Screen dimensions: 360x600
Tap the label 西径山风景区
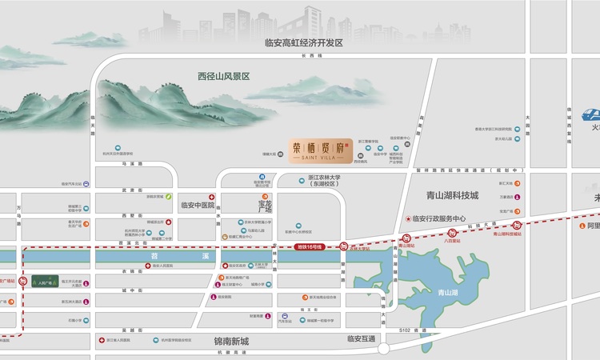pos(224,77)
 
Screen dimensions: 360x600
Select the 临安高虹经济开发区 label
pos(304,43)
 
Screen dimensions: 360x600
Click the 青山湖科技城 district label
pos(452,195)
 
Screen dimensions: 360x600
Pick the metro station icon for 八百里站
pos(452,232)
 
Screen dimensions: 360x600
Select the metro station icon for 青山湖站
pos(407,238)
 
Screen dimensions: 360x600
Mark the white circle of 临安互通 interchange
pos(384,348)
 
